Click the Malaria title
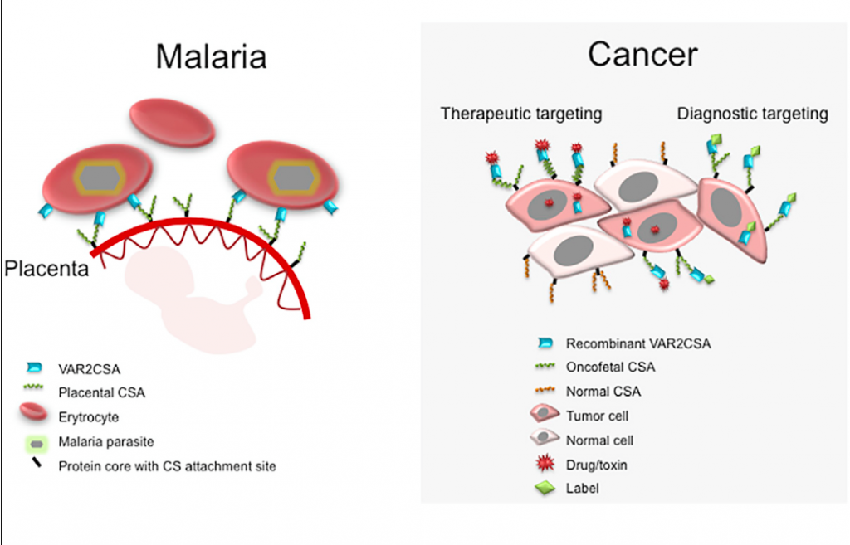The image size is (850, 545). point(211,56)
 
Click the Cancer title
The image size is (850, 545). point(643,54)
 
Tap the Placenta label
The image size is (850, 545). point(46,268)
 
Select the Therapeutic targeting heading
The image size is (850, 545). point(521,114)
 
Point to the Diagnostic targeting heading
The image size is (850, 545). point(752,114)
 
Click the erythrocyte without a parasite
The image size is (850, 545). point(173,123)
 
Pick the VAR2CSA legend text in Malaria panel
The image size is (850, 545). point(90,369)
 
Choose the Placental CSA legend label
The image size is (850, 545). point(102,392)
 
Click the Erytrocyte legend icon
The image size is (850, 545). point(33,412)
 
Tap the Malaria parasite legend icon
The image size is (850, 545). point(37,444)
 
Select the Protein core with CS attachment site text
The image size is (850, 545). point(167,466)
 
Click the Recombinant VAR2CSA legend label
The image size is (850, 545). point(638,344)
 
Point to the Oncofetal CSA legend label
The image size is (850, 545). point(610,367)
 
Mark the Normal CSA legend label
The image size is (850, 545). point(603,392)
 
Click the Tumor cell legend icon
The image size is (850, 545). point(545,413)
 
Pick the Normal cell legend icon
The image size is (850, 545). point(545,436)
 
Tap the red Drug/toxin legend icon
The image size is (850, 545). point(545,463)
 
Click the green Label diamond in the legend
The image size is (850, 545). point(545,488)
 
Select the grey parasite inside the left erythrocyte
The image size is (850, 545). point(100,178)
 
